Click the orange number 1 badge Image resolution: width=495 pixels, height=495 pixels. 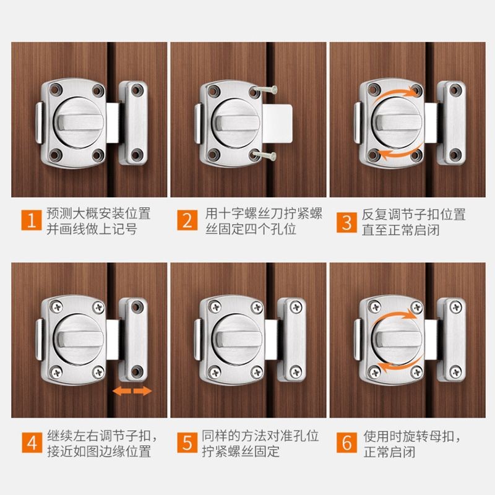pyautogui.click(x=32, y=220)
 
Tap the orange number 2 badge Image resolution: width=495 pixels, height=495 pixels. pyautogui.click(x=187, y=220)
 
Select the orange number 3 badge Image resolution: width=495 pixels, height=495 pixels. pyautogui.click(x=346, y=222)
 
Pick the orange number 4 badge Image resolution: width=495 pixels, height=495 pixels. pyautogui.click(x=32, y=442)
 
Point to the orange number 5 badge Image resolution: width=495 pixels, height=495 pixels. pyautogui.click(x=187, y=442)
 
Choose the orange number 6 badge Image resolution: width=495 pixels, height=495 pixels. pyautogui.click(x=346, y=442)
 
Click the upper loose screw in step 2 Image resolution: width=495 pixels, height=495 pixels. pyautogui.click(x=266, y=90)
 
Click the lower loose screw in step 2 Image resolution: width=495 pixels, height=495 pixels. pyautogui.click(x=265, y=155)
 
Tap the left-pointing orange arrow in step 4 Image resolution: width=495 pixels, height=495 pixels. pyautogui.click(x=122, y=391)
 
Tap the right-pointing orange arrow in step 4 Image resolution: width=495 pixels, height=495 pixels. pyautogui.click(x=143, y=391)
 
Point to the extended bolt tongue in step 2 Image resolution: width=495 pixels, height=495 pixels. pyautogui.click(x=277, y=123)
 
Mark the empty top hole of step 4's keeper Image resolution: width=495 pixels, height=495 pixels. pyautogui.click(x=136, y=306)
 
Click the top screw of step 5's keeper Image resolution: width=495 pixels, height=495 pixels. pyautogui.click(x=296, y=306)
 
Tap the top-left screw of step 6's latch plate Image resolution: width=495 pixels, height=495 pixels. pyautogui.click(x=374, y=306)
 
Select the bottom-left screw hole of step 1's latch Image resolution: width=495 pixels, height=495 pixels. pyautogui.click(x=55, y=155)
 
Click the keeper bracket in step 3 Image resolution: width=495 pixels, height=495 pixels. pyautogui.click(x=452, y=123)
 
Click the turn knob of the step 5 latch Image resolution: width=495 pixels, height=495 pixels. pyautogui.click(x=238, y=339)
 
